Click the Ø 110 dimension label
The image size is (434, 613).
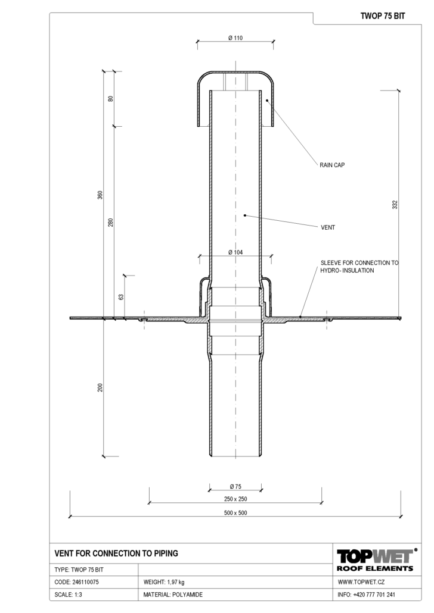pyautogui.click(x=235, y=38)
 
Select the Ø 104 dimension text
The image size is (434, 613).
pyautogui.click(x=235, y=252)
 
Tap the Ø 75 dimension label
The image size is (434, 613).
pyautogui.click(x=235, y=487)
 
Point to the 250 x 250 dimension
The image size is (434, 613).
pyautogui.click(x=235, y=499)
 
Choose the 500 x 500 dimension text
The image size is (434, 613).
pyautogui.click(x=235, y=513)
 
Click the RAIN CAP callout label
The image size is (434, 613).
pyautogui.click(x=332, y=165)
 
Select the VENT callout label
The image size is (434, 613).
pyautogui.click(x=328, y=227)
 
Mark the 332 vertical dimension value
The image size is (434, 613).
pyautogui.click(x=395, y=205)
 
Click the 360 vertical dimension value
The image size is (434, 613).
pyautogui.click(x=100, y=195)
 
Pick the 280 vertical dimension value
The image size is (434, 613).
pyautogui.click(x=110, y=223)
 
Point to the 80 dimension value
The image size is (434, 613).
pyautogui.click(x=110, y=99)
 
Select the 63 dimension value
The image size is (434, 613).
pyautogui.click(x=121, y=297)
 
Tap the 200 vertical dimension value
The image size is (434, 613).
pyautogui.click(x=100, y=387)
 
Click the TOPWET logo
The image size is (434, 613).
pyautogui.click(x=375, y=559)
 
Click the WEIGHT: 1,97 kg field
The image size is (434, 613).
pyautogui.click(x=164, y=582)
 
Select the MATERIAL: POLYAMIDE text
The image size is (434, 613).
pyautogui.click(x=173, y=595)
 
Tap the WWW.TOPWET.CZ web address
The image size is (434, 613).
pyautogui.click(x=361, y=582)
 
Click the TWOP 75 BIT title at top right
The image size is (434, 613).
pyautogui.click(x=383, y=16)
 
